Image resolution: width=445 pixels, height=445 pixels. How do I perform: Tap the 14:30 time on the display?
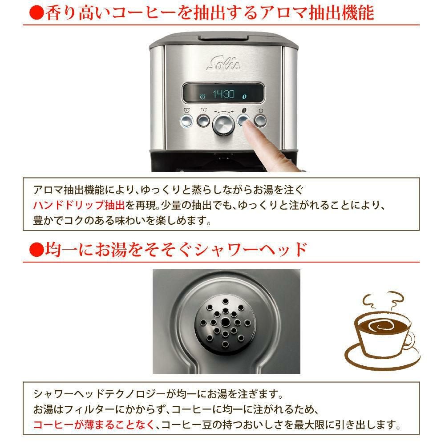tap(222, 94)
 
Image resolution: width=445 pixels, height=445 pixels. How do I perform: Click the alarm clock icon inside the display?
tap(202, 96)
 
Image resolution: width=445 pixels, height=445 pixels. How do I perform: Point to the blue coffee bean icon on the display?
tap(244, 95)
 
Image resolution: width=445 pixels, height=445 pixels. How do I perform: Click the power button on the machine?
tap(260, 121)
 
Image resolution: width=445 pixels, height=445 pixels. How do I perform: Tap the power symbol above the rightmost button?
tap(260, 111)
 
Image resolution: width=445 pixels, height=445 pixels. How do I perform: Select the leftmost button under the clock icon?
tap(186, 121)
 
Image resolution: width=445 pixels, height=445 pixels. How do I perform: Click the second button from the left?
tap(203, 121)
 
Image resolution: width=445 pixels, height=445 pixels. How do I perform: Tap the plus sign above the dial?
tap(232, 111)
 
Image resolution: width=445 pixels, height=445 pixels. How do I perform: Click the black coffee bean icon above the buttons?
tap(243, 111)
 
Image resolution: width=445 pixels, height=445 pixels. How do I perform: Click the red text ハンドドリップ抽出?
tap(79, 205)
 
